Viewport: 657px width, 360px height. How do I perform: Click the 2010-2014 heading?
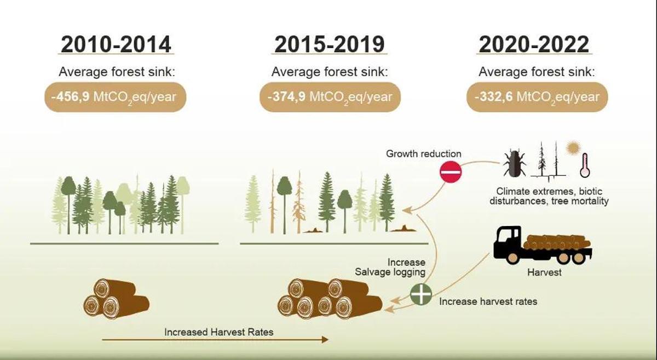pos(116,44)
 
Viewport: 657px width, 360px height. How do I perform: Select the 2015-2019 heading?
pos(329,44)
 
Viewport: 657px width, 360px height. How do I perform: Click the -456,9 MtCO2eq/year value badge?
pos(116,97)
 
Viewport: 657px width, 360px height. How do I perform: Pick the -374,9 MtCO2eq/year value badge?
pos(330,97)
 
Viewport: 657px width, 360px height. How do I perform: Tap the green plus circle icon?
pos(421,295)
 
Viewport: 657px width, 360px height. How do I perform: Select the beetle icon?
pos(515,162)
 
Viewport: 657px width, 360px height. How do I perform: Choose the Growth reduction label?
pos(424,154)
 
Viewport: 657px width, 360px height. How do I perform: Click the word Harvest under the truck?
pos(544,271)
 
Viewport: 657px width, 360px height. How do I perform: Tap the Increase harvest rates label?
pos(488,301)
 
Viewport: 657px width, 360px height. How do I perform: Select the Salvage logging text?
pos(390,272)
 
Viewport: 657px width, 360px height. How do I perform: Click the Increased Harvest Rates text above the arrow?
pos(219,332)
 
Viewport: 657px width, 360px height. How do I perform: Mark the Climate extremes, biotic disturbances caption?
pos(552,196)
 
